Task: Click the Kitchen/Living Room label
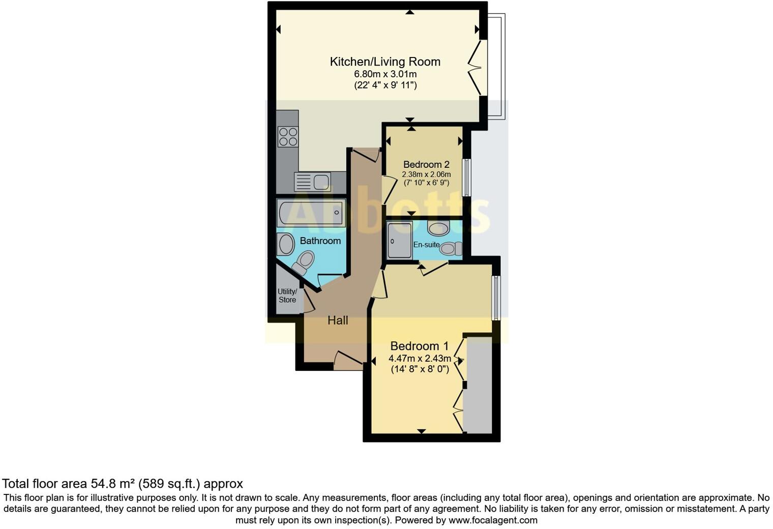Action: [x=385, y=62]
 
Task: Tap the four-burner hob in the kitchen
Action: [x=288, y=136]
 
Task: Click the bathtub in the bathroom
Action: [x=311, y=213]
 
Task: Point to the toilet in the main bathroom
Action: [x=304, y=263]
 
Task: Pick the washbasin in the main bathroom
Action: [x=286, y=244]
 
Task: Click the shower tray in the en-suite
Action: [x=399, y=240]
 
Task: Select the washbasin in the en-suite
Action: [x=438, y=228]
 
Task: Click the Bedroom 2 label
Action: [x=426, y=164]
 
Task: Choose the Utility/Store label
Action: [x=287, y=296]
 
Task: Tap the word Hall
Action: [x=338, y=320]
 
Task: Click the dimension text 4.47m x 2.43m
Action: [x=420, y=358]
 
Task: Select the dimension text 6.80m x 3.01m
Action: [x=385, y=74]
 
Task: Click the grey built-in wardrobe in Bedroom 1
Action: [x=479, y=385]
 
